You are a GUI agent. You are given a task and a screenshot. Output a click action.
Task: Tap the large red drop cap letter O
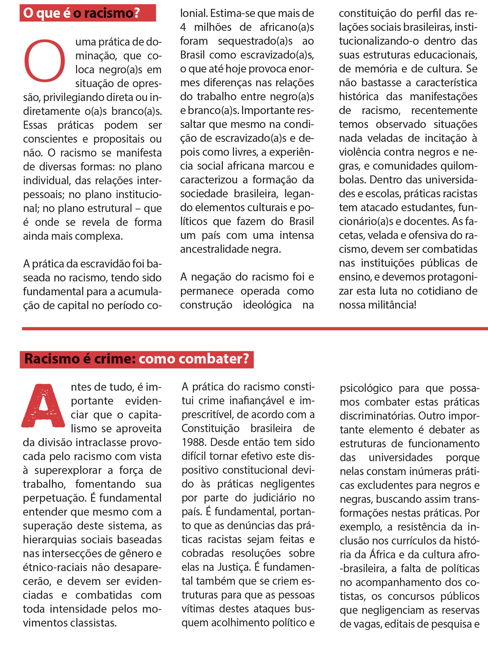pyautogui.click(x=44, y=60)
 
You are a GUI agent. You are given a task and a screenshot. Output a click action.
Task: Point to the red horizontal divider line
pyautogui.click(x=254, y=329)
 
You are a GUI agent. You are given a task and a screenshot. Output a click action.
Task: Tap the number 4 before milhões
pyautogui.click(x=183, y=27)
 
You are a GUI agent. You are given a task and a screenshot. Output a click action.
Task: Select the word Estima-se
pyautogui.click(x=232, y=13)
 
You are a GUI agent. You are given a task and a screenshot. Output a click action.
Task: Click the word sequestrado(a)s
pyautogui.click(x=255, y=41)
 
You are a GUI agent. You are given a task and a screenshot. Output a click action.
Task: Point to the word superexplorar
pyautogui.click(x=68, y=470)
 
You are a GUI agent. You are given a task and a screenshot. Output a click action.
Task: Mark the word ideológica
pyautogui.click(x=267, y=305)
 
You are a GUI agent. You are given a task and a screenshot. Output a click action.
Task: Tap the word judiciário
pyautogui.click(x=275, y=498)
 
